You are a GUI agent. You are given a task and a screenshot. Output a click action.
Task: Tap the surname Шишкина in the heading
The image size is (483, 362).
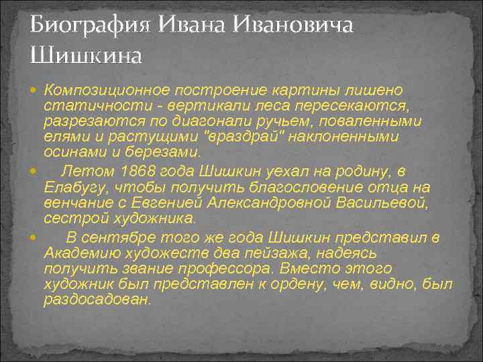86,56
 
